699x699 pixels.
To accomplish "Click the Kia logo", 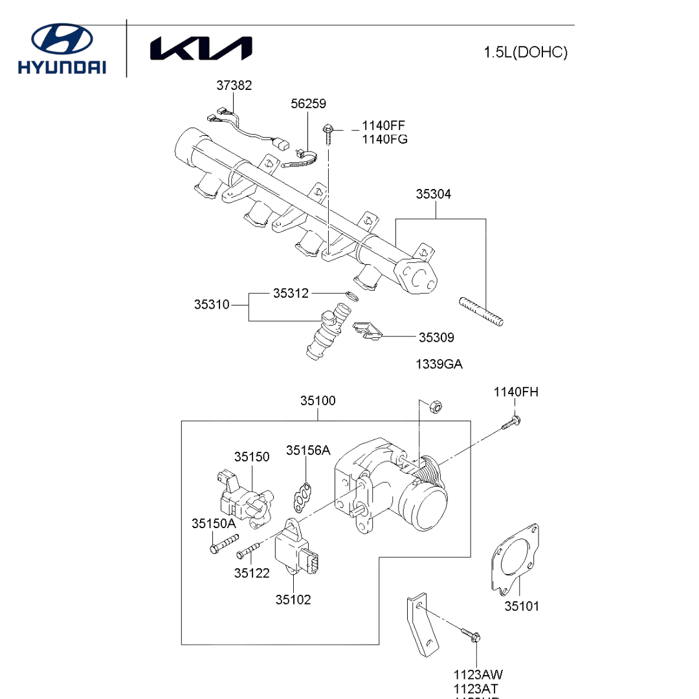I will coord(201,49).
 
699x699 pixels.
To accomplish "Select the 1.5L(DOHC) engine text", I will coord(525,52).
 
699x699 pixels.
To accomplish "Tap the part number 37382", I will coord(234,85).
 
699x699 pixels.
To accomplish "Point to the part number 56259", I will coord(308,104).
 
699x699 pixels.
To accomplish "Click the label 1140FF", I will coord(384,126).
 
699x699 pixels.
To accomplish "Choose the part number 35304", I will coord(434,194).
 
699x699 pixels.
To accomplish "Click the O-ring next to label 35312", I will coord(351,296).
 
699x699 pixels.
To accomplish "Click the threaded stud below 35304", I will coord(482,311).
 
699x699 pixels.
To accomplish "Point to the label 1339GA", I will coord(439,364).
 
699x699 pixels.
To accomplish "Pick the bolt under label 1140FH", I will coord(511,423).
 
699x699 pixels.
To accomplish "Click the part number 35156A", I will coord(308,450).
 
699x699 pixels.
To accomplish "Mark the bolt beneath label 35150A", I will coord(224,543).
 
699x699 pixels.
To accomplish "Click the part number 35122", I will coord(252,573).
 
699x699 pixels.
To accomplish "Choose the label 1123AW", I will coord(478,675).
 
